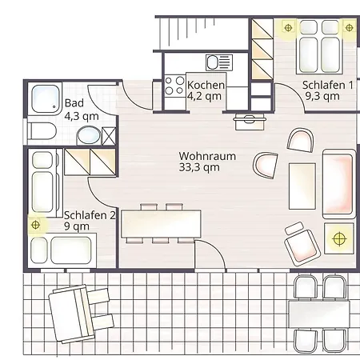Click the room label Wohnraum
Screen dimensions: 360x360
(x=207, y=156)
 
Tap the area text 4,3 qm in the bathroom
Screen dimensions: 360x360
(x=82, y=116)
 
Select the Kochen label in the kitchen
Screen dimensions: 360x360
(x=206, y=85)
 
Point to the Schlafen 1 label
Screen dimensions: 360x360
(x=328, y=85)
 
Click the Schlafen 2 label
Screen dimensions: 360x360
(x=90, y=215)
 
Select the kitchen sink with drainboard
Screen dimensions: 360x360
(x=219, y=62)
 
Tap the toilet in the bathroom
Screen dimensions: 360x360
(x=42, y=131)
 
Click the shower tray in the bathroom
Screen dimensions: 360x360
(x=46, y=98)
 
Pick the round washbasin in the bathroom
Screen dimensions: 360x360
(x=89, y=135)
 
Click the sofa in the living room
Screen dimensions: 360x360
(x=339, y=184)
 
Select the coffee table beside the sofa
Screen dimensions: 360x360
(x=302, y=186)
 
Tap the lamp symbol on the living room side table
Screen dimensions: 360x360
(x=339, y=238)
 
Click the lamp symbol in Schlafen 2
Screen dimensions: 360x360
(x=35, y=225)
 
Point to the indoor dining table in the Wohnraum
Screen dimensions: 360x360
(x=161, y=224)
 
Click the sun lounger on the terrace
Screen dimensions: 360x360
(x=80, y=314)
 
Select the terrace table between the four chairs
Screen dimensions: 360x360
(x=319, y=314)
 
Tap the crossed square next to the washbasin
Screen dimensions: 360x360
(x=109, y=136)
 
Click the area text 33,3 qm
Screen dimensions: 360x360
(x=199, y=168)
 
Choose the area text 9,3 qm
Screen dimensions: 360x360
(x=322, y=96)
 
